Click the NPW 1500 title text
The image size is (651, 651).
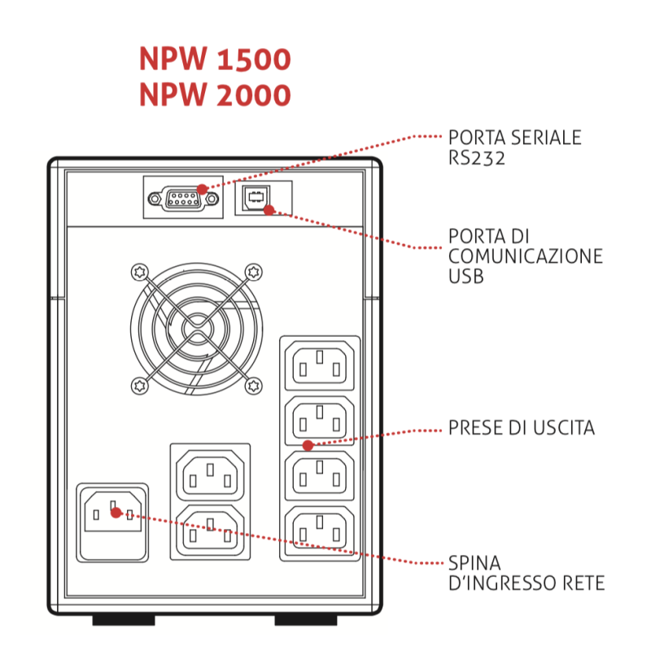pyautogui.click(x=215, y=59)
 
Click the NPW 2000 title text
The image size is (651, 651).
pyautogui.click(x=215, y=95)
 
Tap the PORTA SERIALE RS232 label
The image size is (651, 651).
pyautogui.click(x=514, y=147)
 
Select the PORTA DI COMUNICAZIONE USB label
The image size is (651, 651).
pyautogui.click(x=525, y=256)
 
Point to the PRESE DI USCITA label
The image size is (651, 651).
pyautogui.click(x=521, y=428)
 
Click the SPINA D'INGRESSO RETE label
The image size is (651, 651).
pyautogui.click(x=526, y=573)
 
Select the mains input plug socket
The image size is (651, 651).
pyautogui.click(x=112, y=522)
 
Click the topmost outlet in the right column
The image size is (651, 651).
pyautogui.click(x=320, y=365)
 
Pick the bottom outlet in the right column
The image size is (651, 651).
pyautogui.click(x=320, y=528)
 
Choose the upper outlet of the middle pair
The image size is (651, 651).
pyautogui.click(x=210, y=473)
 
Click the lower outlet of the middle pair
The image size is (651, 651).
pyautogui.click(x=210, y=529)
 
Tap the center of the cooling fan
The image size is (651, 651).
pyautogui.click(x=196, y=328)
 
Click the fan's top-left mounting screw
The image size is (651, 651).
pyautogui.click(x=139, y=271)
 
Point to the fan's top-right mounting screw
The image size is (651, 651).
pyautogui.click(x=253, y=271)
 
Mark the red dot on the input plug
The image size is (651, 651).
pyautogui.click(x=116, y=513)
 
